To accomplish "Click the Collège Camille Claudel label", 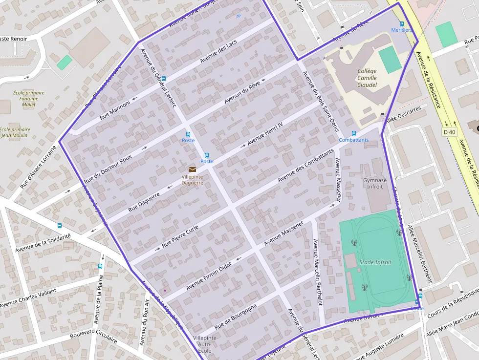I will pos(367,78).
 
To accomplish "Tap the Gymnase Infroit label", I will pos(375,183).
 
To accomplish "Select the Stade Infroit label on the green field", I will pos(375,262).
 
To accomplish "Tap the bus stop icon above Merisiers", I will pos(402,24).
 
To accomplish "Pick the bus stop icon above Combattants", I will pos(354,133).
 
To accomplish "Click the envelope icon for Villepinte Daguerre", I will pos(192,169).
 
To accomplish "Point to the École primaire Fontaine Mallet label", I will pos(29,99).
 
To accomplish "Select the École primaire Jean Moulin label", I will pos(15,132).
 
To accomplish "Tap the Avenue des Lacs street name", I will pos(218,52).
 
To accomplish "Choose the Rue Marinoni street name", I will pos(115,110).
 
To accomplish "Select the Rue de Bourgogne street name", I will pos(235,315).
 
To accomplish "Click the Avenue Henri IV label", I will pos(265,133).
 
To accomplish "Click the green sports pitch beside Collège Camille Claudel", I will pos(390,59).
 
